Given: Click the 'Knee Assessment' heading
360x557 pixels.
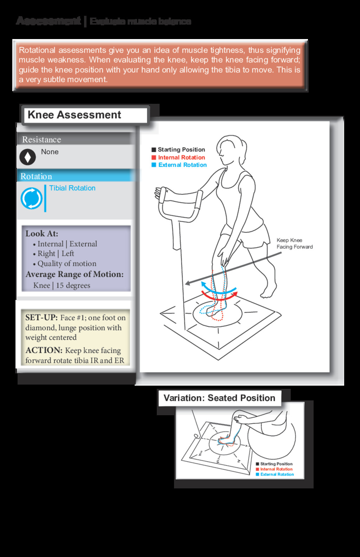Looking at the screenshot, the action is coord(74,115).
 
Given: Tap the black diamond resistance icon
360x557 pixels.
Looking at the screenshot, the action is coord(27,157).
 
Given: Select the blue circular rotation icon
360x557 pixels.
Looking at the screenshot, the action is coord(31,198).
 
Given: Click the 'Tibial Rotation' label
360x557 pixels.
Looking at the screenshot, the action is coord(72,188).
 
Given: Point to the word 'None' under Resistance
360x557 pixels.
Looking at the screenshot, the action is coord(50,152).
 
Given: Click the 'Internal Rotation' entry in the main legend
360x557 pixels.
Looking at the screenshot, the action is coord(181,158).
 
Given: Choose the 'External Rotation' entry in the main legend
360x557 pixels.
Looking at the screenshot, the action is coord(182,165).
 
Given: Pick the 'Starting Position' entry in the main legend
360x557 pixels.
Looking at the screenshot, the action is coord(181,150).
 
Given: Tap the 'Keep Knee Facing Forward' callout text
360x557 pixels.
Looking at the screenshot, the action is coord(294,243).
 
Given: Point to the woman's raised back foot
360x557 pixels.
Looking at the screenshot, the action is coord(269,291).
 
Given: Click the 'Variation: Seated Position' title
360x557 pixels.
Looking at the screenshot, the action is coord(219,398).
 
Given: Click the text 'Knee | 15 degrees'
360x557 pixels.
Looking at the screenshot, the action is coord(62,285).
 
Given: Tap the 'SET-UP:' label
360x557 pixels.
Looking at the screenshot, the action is coord(41,317).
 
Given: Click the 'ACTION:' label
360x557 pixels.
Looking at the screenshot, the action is coord(44,350).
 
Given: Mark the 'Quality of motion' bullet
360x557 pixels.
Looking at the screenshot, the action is coord(66,264).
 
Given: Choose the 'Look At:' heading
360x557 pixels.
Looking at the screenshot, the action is coord(42,234).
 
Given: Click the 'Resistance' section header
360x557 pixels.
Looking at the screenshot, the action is coord(41,140).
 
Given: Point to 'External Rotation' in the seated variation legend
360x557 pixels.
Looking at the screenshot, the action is coord(277,475).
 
